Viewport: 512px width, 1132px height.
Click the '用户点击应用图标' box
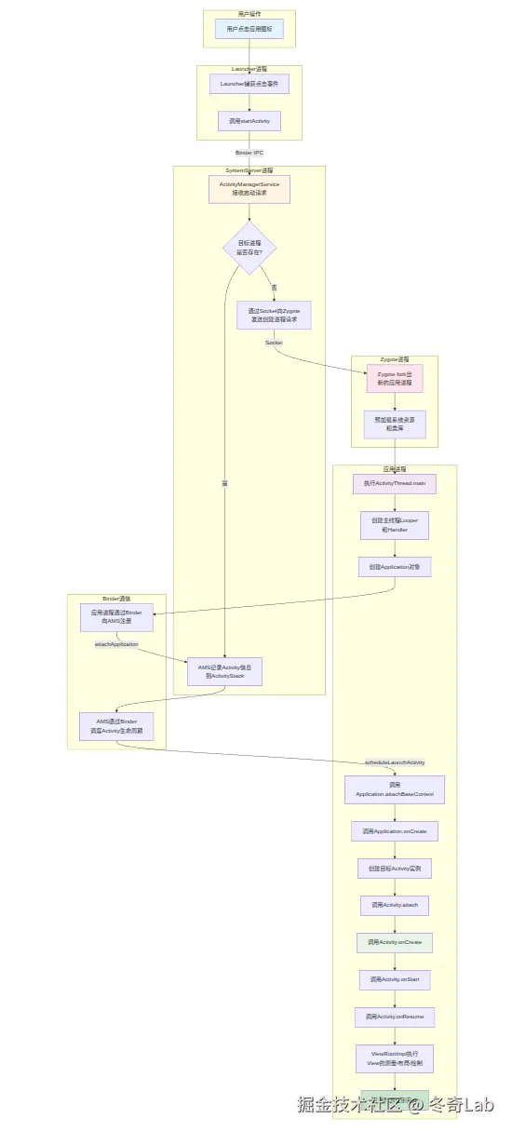pos(249,29)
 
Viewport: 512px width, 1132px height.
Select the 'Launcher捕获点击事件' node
pos(249,84)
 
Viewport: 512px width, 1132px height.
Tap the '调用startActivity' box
pos(249,121)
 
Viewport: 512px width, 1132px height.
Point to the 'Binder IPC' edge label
pos(249,152)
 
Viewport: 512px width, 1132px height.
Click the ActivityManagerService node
pos(249,189)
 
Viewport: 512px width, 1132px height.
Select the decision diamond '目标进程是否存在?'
pos(249,248)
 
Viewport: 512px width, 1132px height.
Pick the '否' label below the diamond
pos(274,288)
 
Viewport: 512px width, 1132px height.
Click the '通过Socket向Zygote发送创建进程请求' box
pos(274,315)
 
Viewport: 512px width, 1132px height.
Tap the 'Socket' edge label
pos(274,343)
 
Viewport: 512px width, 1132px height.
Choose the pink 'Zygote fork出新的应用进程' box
pos(394,378)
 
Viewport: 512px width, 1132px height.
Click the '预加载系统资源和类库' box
pos(394,424)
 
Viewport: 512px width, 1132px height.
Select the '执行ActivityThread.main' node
pos(394,484)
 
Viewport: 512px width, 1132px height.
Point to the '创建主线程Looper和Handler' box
pos(394,525)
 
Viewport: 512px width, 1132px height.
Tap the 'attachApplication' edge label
pos(116,644)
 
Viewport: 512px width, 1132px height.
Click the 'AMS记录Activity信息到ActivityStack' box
pos(224,671)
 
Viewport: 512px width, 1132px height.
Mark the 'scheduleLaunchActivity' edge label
pos(394,761)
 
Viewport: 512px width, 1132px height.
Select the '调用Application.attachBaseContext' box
pos(394,789)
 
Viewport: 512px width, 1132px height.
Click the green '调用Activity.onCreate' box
pos(394,942)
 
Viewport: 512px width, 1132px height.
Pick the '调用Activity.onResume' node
pos(394,1017)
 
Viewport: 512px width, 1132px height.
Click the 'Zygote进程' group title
pos(394,359)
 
